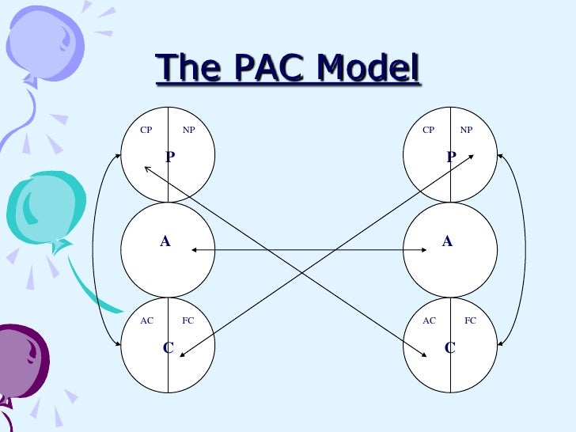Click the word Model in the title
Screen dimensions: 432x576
pos(367,68)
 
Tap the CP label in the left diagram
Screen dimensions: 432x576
pos(146,130)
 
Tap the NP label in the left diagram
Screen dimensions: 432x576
pos(188,130)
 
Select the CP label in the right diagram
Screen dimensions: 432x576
pos(428,130)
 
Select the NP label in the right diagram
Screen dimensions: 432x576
pos(466,130)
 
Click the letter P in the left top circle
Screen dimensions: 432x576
pos(169,157)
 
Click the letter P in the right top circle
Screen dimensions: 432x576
pos(450,157)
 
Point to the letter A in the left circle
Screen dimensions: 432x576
pos(165,241)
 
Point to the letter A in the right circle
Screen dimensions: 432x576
pos(447,241)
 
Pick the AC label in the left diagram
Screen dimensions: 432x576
pos(146,320)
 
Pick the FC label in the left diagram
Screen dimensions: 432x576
pos(188,320)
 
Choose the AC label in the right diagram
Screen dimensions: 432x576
pos(429,320)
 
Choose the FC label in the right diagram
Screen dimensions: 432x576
pos(470,320)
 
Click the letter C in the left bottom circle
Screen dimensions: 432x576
pos(169,347)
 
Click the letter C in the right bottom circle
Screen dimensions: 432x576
pos(450,347)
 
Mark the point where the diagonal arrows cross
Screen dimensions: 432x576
pos(309,257)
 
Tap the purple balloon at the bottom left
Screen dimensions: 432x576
pos(21,360)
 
